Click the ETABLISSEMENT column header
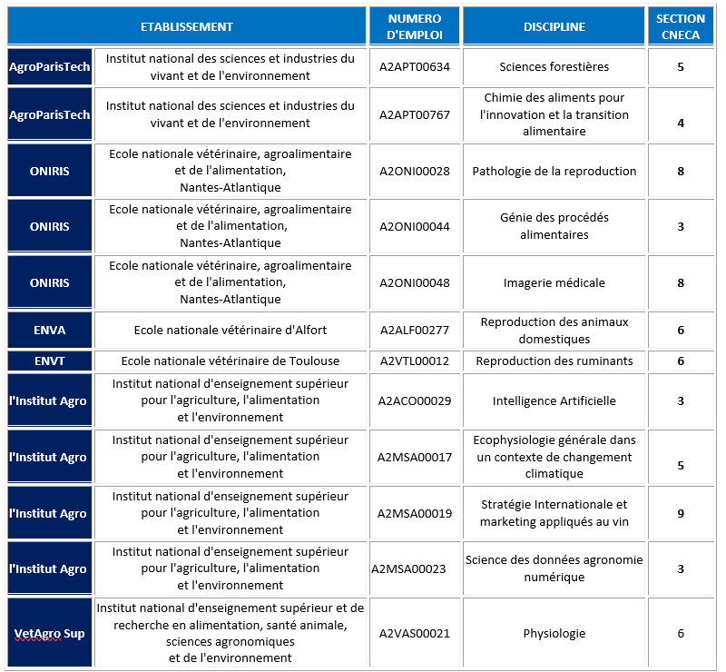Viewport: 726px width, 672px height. pos(186,26)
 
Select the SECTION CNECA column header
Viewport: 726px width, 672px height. pos(680,26)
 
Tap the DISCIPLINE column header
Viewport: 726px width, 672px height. pos(554,26)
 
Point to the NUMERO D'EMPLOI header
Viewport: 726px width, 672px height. pos(414,26)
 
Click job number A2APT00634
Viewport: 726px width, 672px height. pos(415,66)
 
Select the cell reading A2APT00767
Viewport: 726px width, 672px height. pos(415,114)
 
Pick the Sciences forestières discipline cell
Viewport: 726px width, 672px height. pos(554,66)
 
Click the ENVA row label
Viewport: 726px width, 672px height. pos(49,330)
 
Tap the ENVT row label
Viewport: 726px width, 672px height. pos(49,361)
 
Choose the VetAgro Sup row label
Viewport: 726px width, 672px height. pos(49,633)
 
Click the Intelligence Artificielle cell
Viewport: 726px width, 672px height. pos(554,400)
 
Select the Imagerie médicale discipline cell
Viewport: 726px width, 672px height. pos(554,282)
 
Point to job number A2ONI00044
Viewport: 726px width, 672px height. pos(415,226)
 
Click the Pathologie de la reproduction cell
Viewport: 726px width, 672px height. pos(554,171)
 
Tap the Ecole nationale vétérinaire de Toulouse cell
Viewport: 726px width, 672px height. pos(231,361)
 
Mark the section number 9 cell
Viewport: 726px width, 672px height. pos(680,513)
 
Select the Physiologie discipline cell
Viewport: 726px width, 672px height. pos(554,633)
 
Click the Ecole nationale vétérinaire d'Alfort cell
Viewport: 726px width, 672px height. pos(231,330)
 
